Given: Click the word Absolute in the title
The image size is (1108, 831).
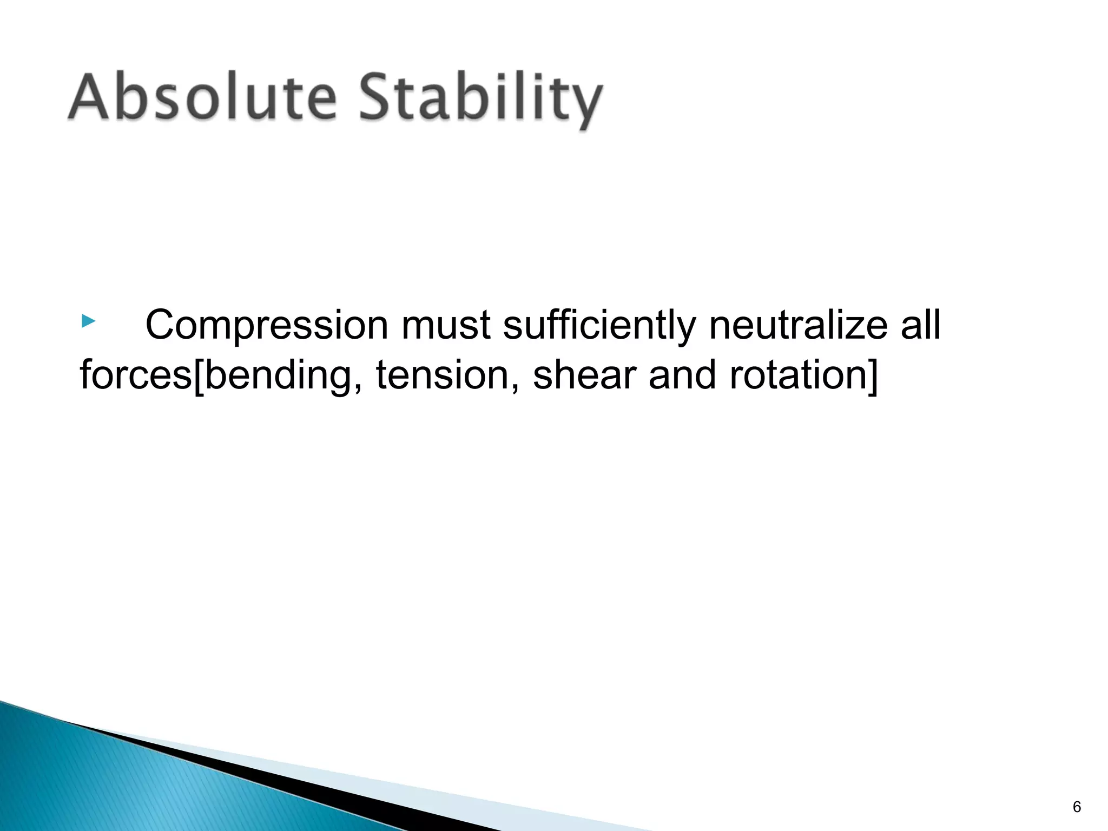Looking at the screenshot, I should [x=202, y=97].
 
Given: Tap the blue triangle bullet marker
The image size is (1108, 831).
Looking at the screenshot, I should [x=88, y=322].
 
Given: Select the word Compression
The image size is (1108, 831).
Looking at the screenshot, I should [x=267, y=326].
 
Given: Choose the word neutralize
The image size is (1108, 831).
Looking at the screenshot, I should [x=798, y=325].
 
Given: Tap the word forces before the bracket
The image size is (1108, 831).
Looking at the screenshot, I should [x=135, y=375].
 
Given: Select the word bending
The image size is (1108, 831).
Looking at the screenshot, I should [x=278, y=377].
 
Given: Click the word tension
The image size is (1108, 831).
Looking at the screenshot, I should [x=444, y=375].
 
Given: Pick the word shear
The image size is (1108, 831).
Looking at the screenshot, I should [x=585, y=375].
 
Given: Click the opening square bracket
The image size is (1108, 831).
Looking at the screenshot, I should [x=198, y=377].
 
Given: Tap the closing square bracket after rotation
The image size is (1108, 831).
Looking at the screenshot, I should [x=872, y=377].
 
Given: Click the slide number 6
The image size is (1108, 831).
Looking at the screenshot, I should [x=1077, y=807].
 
